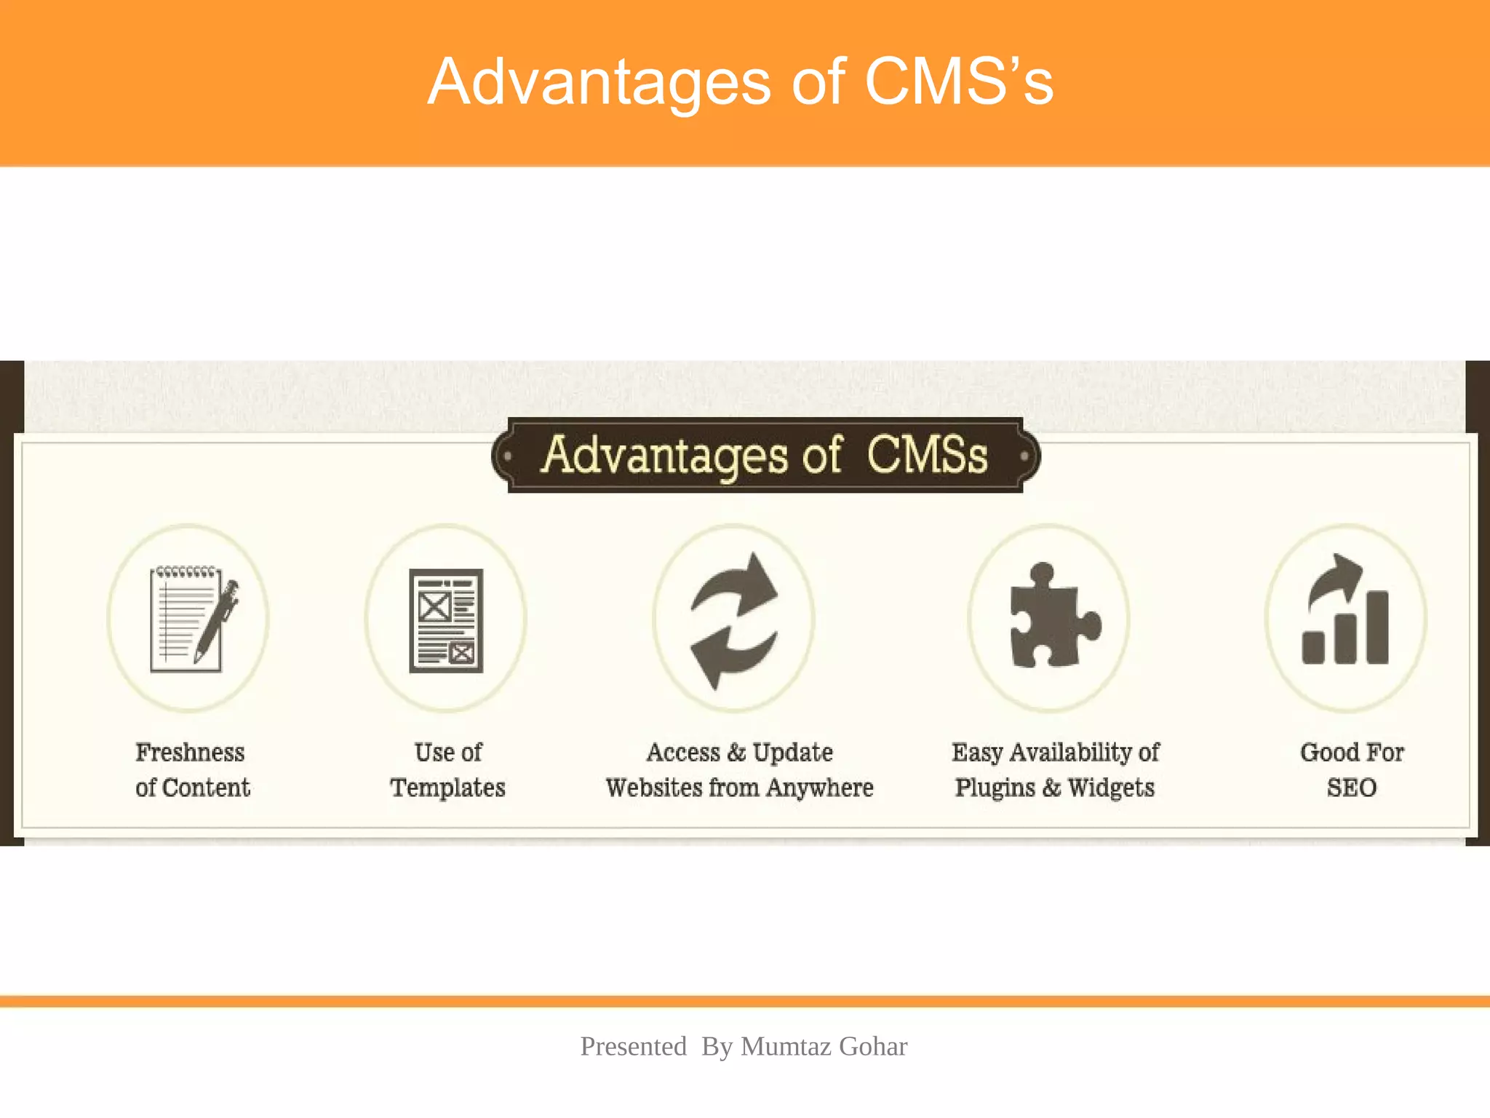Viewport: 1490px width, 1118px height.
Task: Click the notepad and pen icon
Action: (x=191, y=619)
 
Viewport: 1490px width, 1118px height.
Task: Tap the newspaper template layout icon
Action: (x=446, y=620)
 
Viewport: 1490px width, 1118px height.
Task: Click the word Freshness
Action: (x=190, y=753)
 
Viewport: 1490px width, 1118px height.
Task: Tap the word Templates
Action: (x=447, y=788)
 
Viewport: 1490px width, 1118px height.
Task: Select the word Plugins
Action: (x=995, y=788)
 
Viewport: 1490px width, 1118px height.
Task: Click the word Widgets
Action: (x=1111, y=788)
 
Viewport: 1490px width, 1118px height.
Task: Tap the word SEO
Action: (x=1351, y=788)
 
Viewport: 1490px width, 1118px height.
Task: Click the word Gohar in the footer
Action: (x=872, y=1047)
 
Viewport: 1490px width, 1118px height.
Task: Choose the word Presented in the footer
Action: (x=633, y=1047)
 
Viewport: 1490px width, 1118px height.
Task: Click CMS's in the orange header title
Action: (x=958, y=82)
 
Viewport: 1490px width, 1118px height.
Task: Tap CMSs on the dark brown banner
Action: (x=927, y=456)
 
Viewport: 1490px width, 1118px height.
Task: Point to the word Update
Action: (x=792, y=753)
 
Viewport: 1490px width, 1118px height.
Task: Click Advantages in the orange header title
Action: (x=599, y=82)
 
